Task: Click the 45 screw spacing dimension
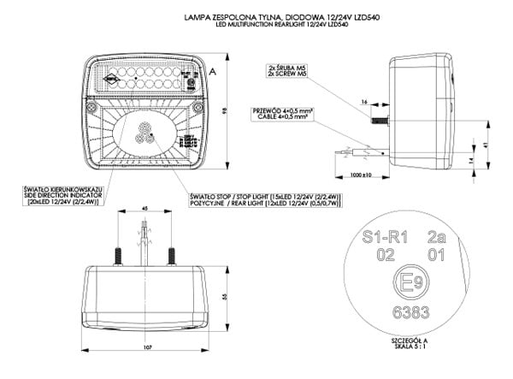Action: [x=144, y=209]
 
